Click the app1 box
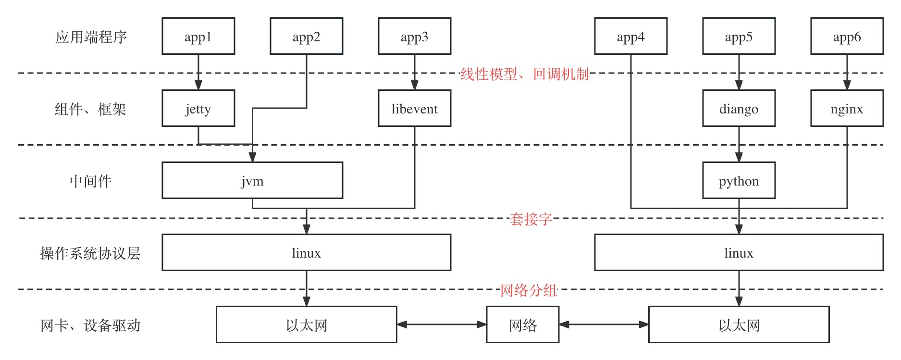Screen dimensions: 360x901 (x=198, y=37)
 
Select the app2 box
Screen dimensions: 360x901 (x=306, y=37)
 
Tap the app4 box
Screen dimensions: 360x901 (x=630, y=37)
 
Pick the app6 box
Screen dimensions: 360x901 (x=847, y=37)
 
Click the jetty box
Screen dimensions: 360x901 (x=198, y=109)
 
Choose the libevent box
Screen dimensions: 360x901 (x=414, y=109)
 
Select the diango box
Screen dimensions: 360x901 (x=739, y=109)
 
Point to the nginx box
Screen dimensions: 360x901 (x=847, y=109)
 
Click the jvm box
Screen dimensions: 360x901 (x=252, y=181)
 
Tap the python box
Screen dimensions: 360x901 (x=739, y=181)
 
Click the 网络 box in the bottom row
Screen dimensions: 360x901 (x=522, y=325)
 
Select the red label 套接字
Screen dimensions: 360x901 (x=531, y=219)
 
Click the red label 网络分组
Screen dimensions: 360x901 (x=529, y=290)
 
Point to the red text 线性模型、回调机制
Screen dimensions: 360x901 (x=525, y=74)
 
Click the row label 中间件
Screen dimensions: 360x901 (x=90, y=181)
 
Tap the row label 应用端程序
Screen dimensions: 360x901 (x=91, y=37)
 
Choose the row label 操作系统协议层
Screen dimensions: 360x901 (x=90, y=253)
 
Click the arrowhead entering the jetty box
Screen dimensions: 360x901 (x=198, y=86)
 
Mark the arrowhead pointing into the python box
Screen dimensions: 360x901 (x=739, y=158)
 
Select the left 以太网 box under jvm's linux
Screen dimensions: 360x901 (x=306, y=325)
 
